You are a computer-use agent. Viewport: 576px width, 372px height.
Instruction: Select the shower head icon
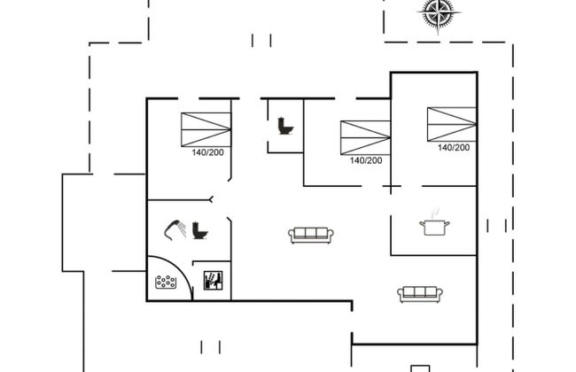tap(175, 229)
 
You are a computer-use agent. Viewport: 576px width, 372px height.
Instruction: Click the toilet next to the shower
tap(199, 230)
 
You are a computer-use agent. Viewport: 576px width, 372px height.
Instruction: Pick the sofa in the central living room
tap(310, 235)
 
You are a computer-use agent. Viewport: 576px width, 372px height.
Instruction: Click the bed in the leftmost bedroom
tap(205, 129)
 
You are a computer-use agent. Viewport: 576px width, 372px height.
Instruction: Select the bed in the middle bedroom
tap(365, 137)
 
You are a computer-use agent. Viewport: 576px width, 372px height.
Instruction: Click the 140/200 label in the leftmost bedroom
tap(207, 152)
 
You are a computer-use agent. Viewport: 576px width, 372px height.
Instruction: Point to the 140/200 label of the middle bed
tap(365, 160)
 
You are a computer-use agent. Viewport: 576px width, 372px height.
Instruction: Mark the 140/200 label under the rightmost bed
tap(453, 148)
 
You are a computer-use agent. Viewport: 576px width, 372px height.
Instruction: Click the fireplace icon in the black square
tap(213, 281)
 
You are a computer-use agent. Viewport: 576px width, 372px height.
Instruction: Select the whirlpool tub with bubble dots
tap(166, 283)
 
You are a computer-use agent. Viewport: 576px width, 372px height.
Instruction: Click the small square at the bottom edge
tap(418, 368)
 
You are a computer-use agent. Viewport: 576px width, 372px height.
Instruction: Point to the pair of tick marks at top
tap(261, 39)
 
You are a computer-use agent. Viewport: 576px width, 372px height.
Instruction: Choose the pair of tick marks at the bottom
tap(212, 345)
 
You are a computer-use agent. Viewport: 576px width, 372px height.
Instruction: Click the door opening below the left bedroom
tap(210, 198)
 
